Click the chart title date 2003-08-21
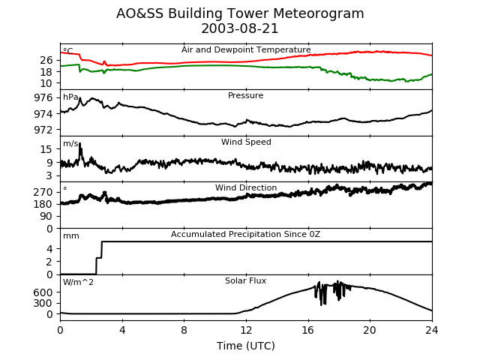240,28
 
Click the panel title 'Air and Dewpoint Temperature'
246,50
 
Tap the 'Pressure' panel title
246,96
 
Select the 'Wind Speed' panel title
246,142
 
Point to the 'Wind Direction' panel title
246,188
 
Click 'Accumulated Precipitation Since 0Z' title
246,235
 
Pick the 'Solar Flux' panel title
246,281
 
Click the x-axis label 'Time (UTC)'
246,346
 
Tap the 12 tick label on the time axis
246,329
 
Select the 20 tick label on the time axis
370,329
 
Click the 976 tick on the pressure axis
43,97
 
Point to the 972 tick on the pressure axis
43,129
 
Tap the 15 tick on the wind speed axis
46,149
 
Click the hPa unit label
70,97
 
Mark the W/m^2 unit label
79,283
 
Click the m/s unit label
70,144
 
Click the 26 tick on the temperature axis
46,60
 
